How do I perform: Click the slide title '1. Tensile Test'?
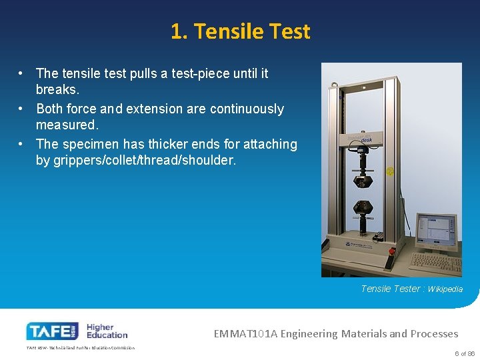pyautogui.click(x=240, y=31)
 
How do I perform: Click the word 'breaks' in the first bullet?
pyautogui.click(x=57, y=89)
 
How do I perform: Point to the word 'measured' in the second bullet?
pyautogui.click(x=66, y=125)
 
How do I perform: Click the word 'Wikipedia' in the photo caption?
pyautogui.click(x=445, y=289)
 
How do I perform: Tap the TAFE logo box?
pyautogui.click(x=52, y=331)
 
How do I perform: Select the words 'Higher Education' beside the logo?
pyautogui.click(x=106, y=331)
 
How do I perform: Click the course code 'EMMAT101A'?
pyautogui.click(x=245, y=333)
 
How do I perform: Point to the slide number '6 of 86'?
pyautogui.click(x=464, y=353)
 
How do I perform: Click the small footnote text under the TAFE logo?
pyautogui.click(x=80, y=347)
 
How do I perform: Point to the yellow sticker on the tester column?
pyautogui.click(x=391, y=171)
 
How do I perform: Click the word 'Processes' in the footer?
pyautogui.click(x=434, y=333)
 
